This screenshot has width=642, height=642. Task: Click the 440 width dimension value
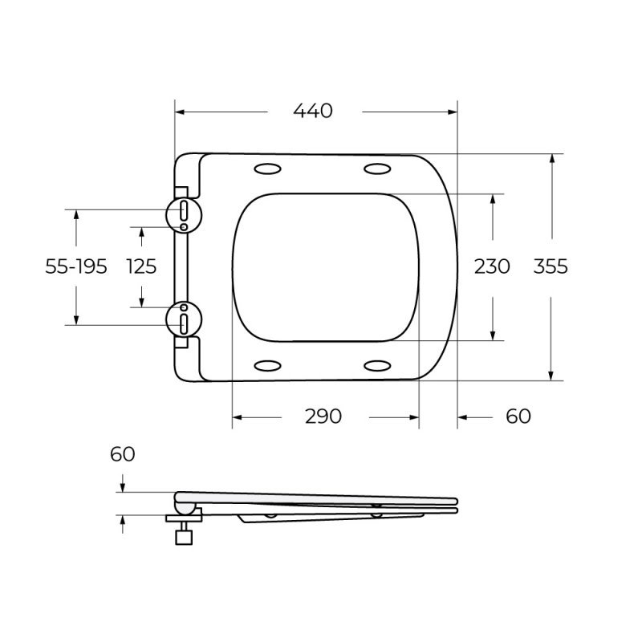pyautogui.click(x=313, y=112)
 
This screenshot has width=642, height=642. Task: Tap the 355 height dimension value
pyautogui.click(x=551, y=266)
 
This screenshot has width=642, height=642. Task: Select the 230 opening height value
pyautogui.click(x=492, y=266)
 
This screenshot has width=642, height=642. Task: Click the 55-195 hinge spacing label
pyautogui.click(x=76, y=266)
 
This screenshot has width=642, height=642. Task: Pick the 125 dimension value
pyautogui.click(x=141, y=266)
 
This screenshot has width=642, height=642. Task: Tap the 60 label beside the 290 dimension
pyautogui.click(x=519, y=416)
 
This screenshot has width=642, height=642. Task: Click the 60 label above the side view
pyautogui.click(x=122, y=454)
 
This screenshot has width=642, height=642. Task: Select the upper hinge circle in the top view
pyautogui.click(x=184, y=213)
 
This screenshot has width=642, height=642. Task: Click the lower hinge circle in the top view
pyautogui.click(x=184, y=319)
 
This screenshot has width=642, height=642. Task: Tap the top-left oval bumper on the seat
pyautogui.click(x=267, y=169)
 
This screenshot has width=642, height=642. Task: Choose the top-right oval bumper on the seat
pyautogui.click(x=377, y=169)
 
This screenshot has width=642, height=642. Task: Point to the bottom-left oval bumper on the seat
pyautogui.click(x=267, y=366)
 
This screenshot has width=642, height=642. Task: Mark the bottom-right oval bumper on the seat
pyautogui.click(x=377, y=366)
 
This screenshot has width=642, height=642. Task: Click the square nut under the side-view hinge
pyautogui.click(x=185, y=535)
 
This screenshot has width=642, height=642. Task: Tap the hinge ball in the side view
pyautogui.click(x=185, y=507)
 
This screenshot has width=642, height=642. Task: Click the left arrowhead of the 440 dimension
pyautogui.click(x=179, y=112)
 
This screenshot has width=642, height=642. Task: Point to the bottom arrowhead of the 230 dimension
pyautogui.click(x=493, y=335)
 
